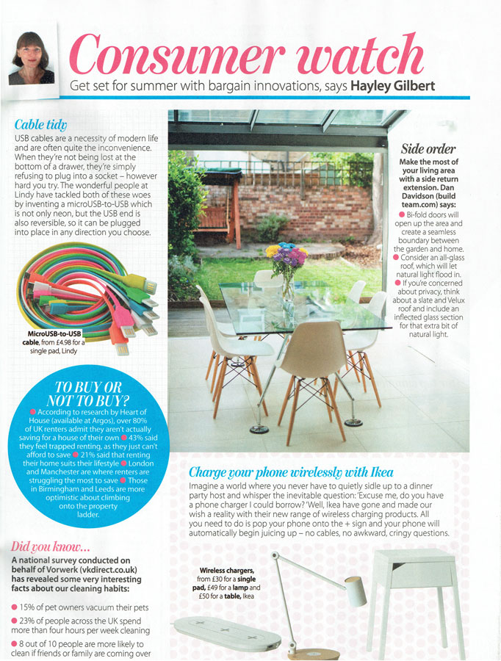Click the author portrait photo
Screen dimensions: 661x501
tap(32, 57)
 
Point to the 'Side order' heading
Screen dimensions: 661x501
tap(428, 148)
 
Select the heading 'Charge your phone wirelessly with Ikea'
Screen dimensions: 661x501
tap(292, 472)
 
